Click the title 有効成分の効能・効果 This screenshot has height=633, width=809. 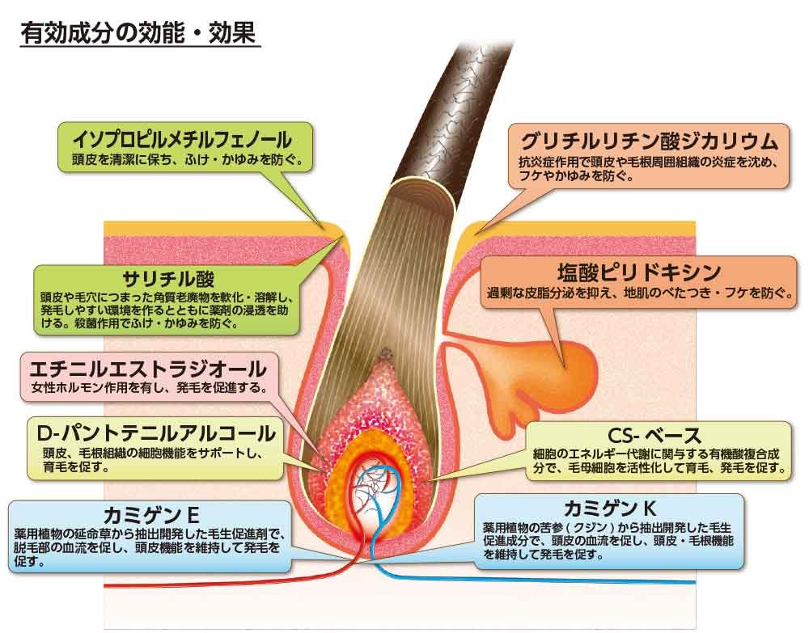point(138,36)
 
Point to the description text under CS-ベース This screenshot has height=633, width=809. point(659,461)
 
